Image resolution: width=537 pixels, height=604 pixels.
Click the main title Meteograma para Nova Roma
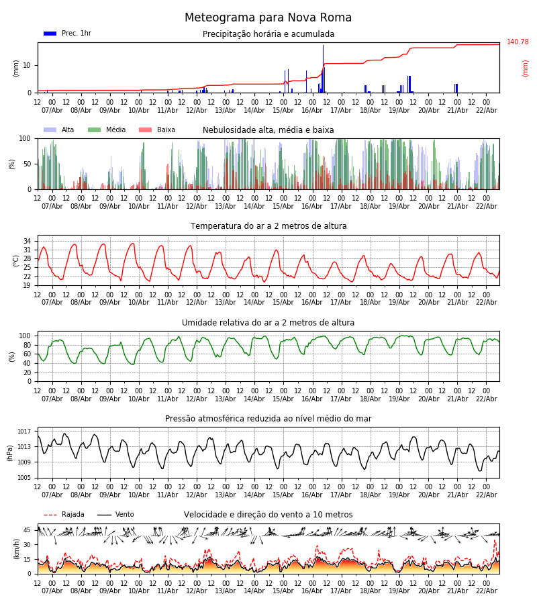(268, 18)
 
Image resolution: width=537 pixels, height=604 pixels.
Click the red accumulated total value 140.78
(518, 42)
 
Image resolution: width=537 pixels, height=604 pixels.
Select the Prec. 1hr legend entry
(68, 34)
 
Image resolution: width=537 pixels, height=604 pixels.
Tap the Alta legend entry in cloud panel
(60, 130)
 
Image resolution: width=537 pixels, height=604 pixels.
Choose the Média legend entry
(107, 130)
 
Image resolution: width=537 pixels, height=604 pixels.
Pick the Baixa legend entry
(157, 130)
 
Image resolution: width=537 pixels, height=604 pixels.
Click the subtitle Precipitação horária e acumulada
(268, 34)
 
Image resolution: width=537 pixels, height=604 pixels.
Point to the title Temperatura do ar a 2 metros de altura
(268, 226)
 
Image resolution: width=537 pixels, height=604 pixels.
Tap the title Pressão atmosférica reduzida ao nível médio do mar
(268, 419)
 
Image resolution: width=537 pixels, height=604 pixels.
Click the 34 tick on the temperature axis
(27, 241)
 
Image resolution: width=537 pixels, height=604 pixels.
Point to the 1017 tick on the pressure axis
(25, 432)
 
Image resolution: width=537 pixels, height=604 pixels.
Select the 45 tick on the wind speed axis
(27, 530)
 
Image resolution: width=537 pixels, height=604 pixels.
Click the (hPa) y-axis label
(9, 452)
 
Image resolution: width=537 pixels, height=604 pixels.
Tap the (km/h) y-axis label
(16, 548)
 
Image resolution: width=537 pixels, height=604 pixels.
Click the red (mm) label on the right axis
(526, 68)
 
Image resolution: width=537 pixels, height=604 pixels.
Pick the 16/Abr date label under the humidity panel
(312, 399)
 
